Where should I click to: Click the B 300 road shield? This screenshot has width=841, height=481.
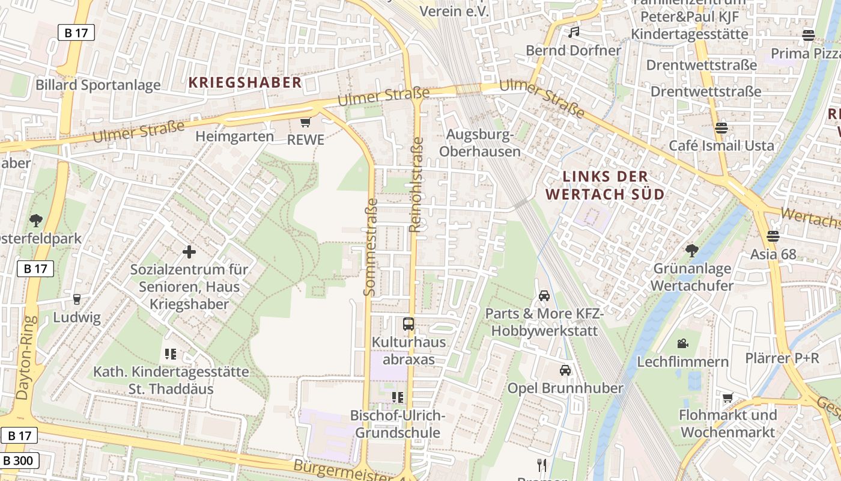pyautogui.click(x=19, y=461)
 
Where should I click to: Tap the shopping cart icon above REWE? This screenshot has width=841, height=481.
pyautogui.click(x=305, y=123)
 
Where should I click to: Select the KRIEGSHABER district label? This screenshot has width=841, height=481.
pyautogui.click(x=245, y=83)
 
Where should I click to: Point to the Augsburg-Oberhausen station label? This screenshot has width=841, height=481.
pyautogui.click(x=479, y=143)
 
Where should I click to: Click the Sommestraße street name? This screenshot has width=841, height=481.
pyautogui.click(x=370, y=247)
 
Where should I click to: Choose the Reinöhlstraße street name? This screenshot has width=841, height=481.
pyautogui.click(x=416, y=185)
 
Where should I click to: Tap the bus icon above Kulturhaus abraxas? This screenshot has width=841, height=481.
pyautogui.click(x=408, y=324)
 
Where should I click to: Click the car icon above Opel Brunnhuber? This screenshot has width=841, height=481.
pyautogui.click(x=565, y=370)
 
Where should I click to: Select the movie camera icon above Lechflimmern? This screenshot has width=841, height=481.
pyautogui.click(x=682, y=343)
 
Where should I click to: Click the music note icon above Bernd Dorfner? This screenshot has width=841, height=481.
pyautogui.click(x=574, y=32)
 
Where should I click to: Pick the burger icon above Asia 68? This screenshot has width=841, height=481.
pyautogui.click(x=773, y=236)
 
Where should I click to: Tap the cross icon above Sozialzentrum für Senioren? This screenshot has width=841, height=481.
pyautogui.click(x=189, y=251)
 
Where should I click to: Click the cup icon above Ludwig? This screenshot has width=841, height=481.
pyautogui.click(x=76, y=299)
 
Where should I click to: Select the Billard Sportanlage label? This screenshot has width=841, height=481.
pyautogui.click(x=98, y=85)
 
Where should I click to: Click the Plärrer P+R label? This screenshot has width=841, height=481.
pyautogui.click(x=782, y=358)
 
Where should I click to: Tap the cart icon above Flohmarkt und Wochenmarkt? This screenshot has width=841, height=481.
pyautogui.click(x=728, y=397)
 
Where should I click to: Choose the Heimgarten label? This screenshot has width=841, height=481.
pyautogui.click(x=234, y=136)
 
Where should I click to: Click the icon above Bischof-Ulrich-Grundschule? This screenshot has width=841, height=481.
pyautogui.click(x=396, y=397)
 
